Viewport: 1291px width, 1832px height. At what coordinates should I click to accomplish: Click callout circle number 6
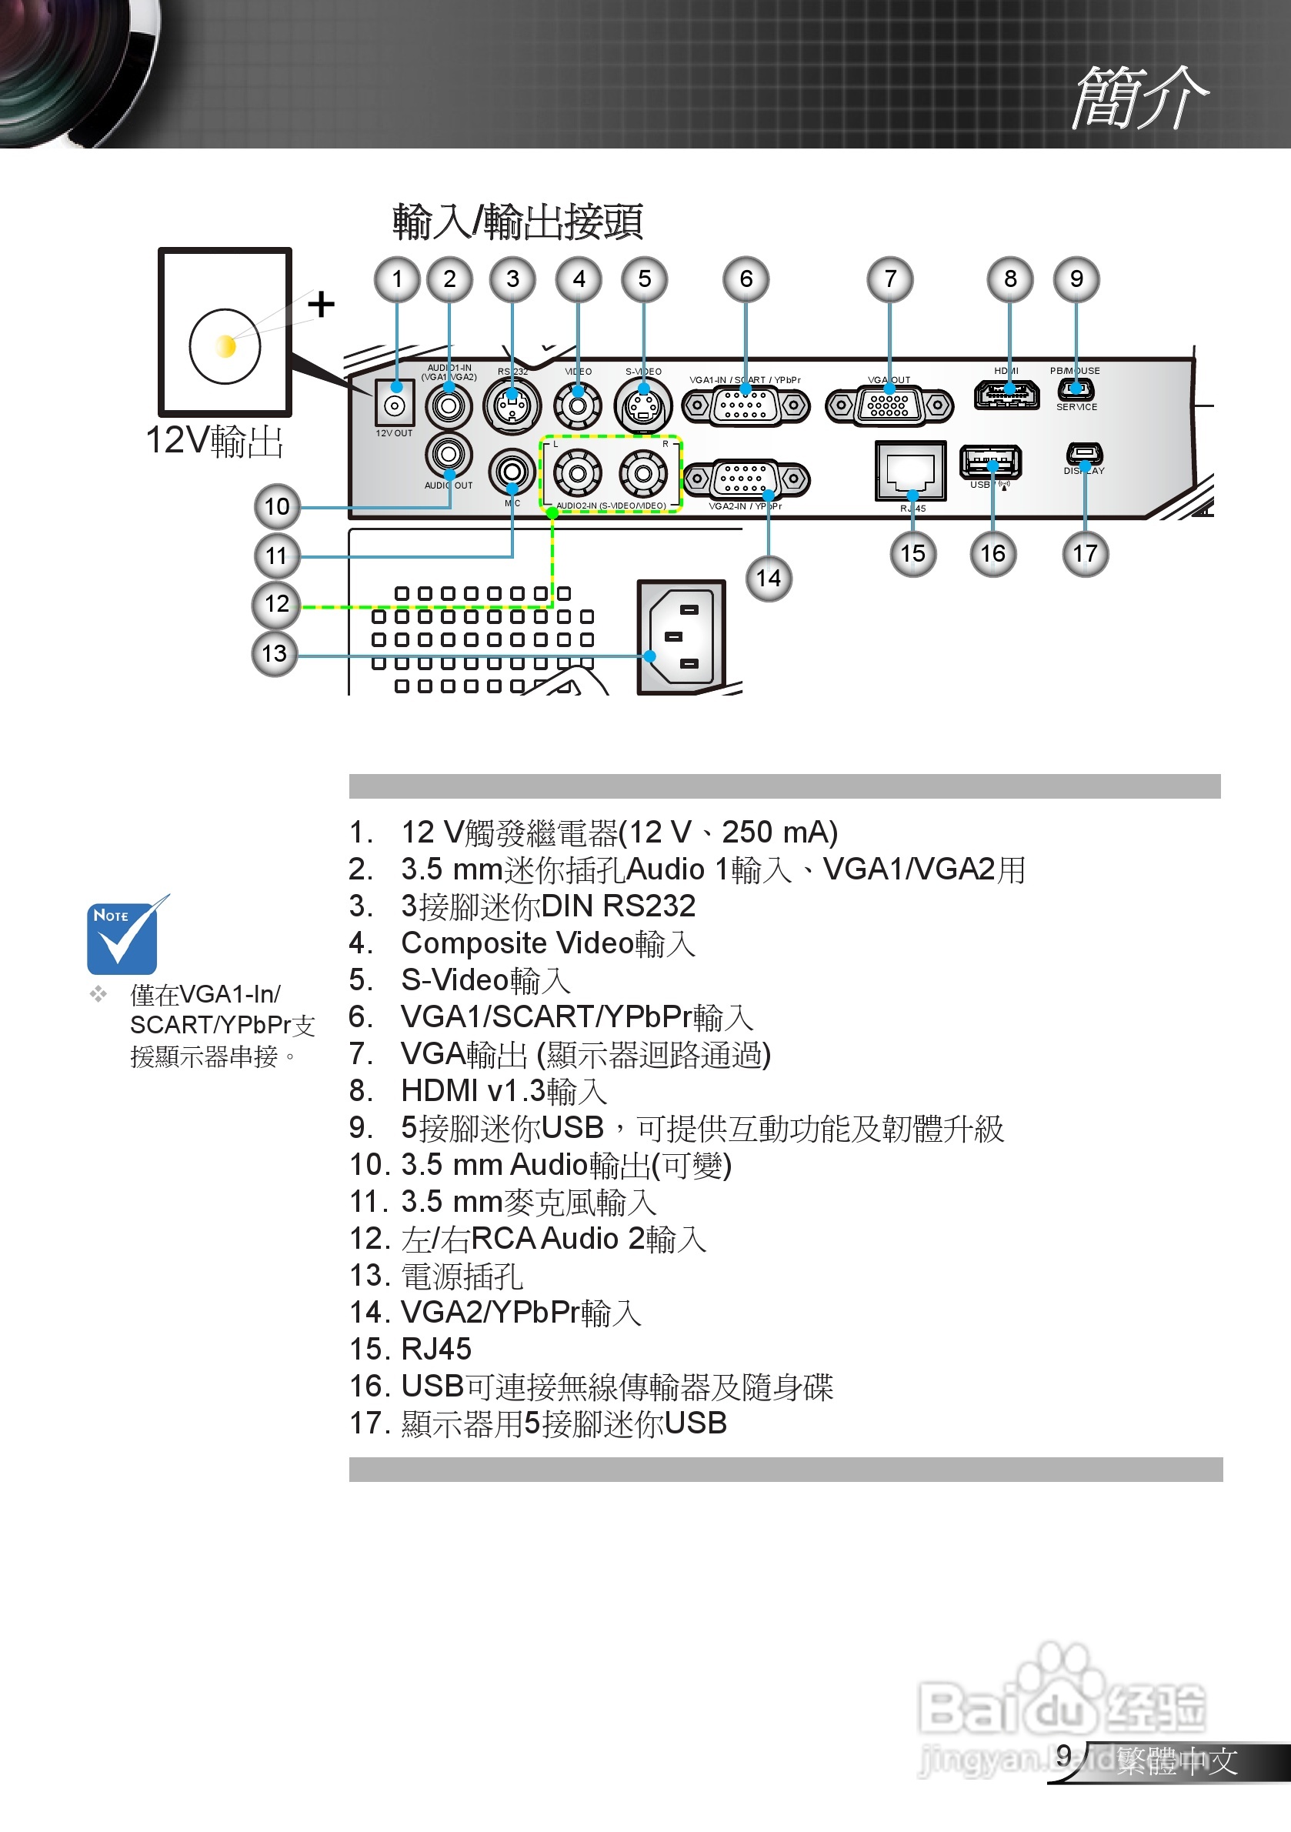(746, 279)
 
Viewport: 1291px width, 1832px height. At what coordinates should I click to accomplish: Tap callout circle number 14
(769, 578)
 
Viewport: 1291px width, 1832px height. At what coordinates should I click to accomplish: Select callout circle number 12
(276, 604)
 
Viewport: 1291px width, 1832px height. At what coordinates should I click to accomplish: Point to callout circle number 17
(1085, 553)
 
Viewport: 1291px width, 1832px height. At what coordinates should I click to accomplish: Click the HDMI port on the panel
(1007, 394)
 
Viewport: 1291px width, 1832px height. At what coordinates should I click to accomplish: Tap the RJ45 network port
(910, 471)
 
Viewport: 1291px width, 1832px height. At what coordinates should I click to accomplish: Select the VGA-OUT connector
(889, 406)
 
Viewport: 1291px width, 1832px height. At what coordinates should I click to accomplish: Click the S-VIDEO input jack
(643, 406)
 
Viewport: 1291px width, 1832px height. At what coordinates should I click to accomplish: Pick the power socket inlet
(681, 637)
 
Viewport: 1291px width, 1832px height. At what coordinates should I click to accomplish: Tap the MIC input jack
(512, 472)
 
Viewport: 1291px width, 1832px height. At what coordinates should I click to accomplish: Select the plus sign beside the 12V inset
(321, 304)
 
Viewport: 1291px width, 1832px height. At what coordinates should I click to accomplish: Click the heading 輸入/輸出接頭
(517, 222)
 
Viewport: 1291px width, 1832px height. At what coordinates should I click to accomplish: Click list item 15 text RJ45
(435, 1350)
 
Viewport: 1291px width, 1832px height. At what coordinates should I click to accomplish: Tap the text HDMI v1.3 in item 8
(473, 1090)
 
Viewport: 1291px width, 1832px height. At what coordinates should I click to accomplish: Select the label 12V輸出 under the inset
(215, 440)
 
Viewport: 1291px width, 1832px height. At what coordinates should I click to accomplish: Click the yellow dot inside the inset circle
(225, 346)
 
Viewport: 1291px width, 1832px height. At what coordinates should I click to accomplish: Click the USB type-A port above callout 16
(990, 460)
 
